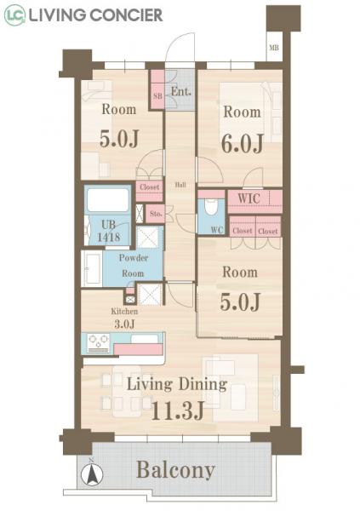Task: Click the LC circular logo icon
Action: (x=14, y=15)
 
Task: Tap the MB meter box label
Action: (x=274, y=48)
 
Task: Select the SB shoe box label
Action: (x=157, y=96)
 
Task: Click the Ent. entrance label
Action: (x=181, y=92)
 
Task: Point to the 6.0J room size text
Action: (x=243, y=143)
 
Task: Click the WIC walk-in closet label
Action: (x=249, y=198)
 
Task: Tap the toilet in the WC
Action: (x=211, y=207)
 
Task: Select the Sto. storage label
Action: (x=156, y=214)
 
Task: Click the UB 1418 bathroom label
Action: (x=108, y=231)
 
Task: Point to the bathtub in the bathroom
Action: (x=108, y=199)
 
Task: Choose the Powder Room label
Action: (x=134, y=265)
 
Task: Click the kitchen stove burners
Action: (x=99, y=342)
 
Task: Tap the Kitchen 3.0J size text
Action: (x=124, y=318)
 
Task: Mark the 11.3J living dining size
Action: (x=178, y=411)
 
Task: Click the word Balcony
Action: (x=175, y=470)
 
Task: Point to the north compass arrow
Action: (x=92, y=474)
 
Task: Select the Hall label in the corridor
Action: (x=180, y=185)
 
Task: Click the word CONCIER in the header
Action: (x=126, y=15)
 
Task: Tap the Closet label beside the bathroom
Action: (x=150, y=187)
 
